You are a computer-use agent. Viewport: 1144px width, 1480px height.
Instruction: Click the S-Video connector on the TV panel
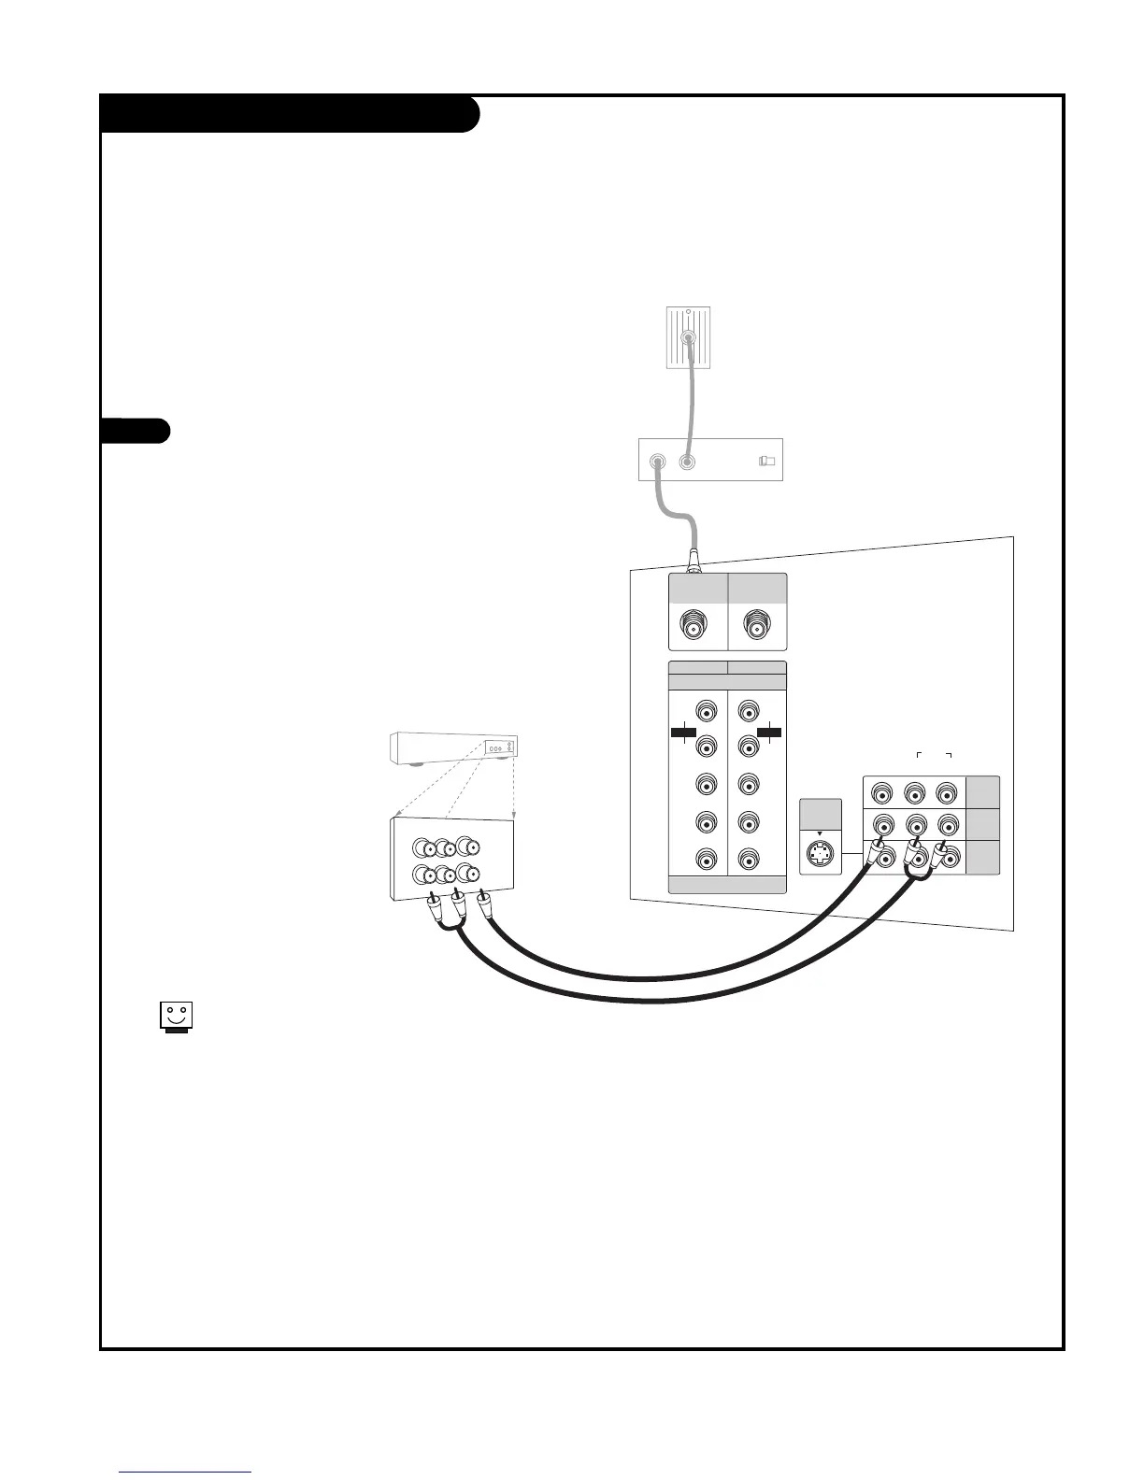(x=820, y=854)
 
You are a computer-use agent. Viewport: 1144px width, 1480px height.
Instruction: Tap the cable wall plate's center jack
(x=688, y=339)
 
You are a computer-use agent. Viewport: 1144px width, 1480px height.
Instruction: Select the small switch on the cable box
(x=766, y=461)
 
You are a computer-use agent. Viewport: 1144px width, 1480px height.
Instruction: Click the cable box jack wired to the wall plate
(x=687, y=462)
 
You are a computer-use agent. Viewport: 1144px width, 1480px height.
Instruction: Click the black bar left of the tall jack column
(x=684, y=733)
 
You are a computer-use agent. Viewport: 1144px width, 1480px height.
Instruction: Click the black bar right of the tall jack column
(x=769, y=733)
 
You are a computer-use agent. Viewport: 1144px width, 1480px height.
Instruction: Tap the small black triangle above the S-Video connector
(x=820, y=833)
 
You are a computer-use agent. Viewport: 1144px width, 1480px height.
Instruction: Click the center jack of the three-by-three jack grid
(x=914, y=826)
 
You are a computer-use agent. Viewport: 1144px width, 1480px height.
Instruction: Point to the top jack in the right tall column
(x=748, y=709)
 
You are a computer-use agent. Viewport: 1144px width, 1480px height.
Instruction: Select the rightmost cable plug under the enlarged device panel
(x=483, y=904)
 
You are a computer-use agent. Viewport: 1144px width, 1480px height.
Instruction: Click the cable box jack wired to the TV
(x=658, y=462)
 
